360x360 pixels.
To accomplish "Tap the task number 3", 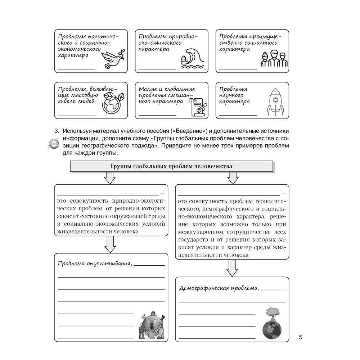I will click(x=56, y=130).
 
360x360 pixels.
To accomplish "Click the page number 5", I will click(x=301, y=337).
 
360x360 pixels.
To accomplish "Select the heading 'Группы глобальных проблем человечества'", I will click(x=171, y=166).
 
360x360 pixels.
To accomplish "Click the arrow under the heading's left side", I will click(x=109, y=177).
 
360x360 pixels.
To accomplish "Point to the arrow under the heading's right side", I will click(x=233, y=177).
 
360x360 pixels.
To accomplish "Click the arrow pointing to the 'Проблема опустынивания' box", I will click(x=109, y=244).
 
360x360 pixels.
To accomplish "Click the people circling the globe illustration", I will click(x=152, y=325).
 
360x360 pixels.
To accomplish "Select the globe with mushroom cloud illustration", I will click(x=272, y=323).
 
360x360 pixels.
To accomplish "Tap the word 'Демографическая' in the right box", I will click(x=200, y=288).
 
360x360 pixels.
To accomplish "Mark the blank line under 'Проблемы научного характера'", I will click(x=238, y=114).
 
